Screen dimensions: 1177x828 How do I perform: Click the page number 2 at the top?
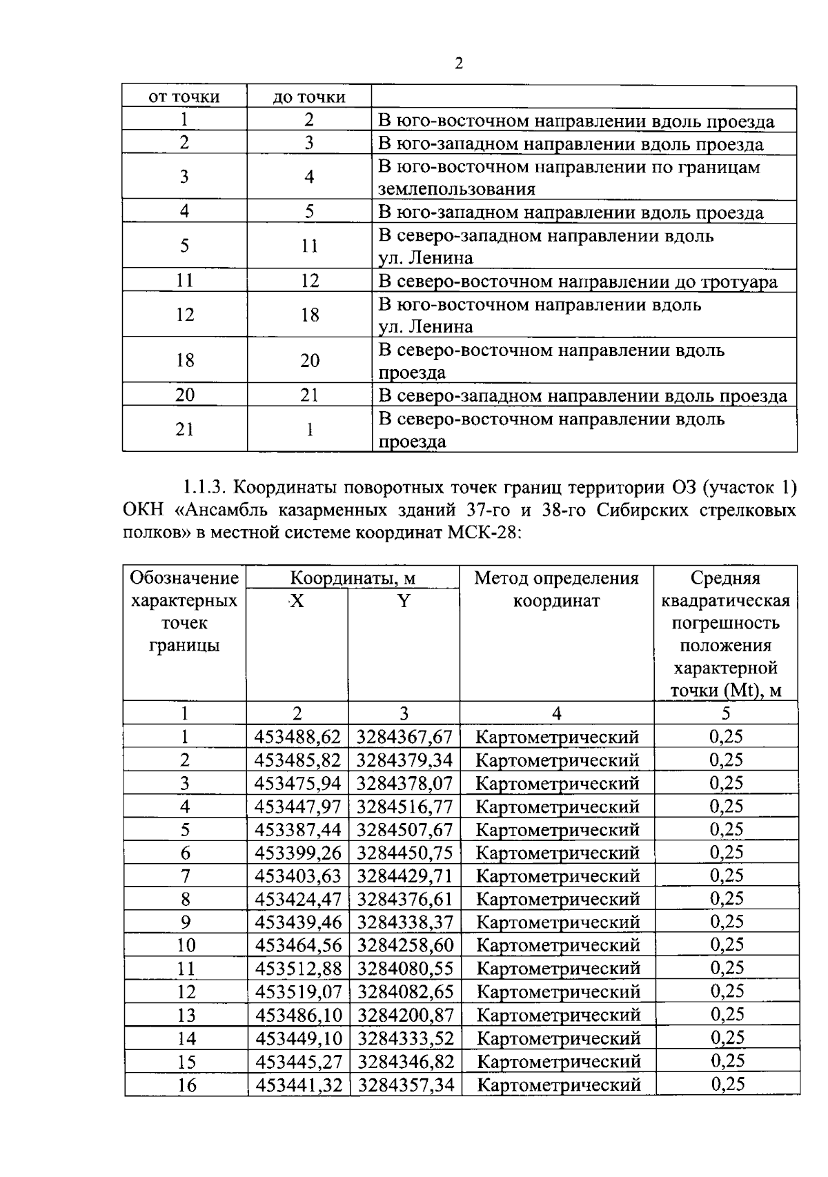click(459, 64)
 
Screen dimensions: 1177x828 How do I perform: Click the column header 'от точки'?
click(184, 97)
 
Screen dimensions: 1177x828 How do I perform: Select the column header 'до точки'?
click(309, 97)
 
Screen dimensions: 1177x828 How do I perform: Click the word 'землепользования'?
click(457, 189)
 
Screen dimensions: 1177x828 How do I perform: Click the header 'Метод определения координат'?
click(556, 589)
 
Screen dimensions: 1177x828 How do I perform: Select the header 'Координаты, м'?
click(353, 578)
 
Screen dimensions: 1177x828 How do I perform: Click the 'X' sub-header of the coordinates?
click(297, 602)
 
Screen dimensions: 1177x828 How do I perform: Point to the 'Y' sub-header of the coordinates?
click(404, 602)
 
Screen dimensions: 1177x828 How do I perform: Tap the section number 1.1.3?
click(205, 488)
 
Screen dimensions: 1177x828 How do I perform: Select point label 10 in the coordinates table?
click(186, 945)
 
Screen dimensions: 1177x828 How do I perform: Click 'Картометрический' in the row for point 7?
click(558, 876)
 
